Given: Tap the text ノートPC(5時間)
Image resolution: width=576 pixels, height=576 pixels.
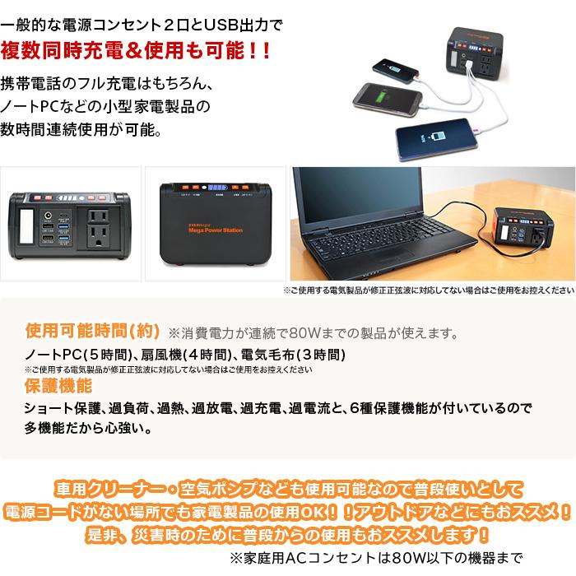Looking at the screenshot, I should (76, 355).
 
